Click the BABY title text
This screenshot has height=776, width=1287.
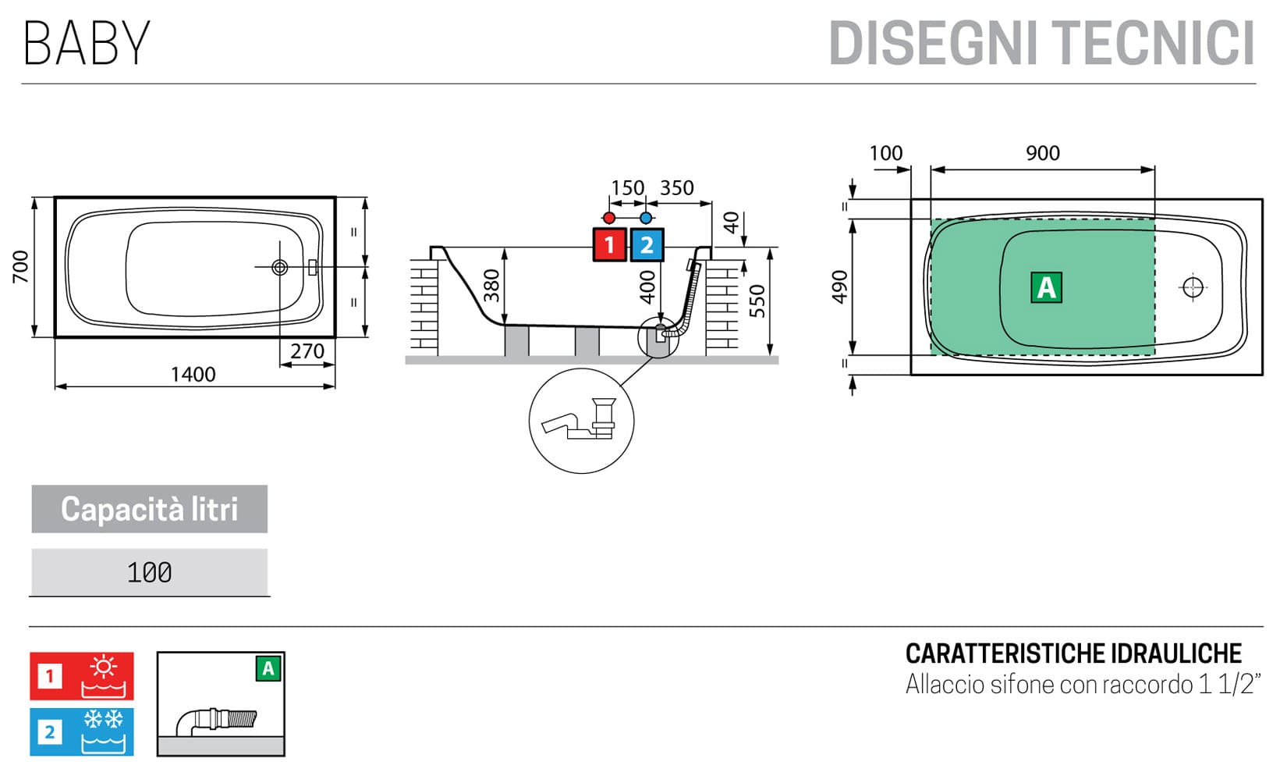[87, 43]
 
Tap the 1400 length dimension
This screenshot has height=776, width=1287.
[193, 375]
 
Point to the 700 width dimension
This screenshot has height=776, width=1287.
[21, 266]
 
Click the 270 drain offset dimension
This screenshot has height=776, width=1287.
[307, 351]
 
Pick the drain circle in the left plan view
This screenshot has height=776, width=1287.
[279, 268]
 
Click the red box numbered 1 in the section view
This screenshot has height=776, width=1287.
[609, 245]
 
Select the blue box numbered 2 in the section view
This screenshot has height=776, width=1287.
[647, 245]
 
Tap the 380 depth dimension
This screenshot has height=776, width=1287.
[491, 285]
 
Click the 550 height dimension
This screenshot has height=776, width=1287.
[757, 301]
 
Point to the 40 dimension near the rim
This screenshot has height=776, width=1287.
[731, 222]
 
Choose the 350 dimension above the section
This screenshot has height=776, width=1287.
[676, 188]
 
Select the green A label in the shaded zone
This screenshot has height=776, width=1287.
[1046, 287]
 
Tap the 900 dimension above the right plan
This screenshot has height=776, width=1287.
[1042, 153]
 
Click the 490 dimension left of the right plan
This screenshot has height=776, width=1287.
[839, 287]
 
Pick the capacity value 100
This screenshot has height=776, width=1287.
[149, 572]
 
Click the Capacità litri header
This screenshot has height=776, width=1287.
[149, 509]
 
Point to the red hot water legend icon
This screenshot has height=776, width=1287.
[82, 676]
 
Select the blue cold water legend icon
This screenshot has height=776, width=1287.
[82, 732]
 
